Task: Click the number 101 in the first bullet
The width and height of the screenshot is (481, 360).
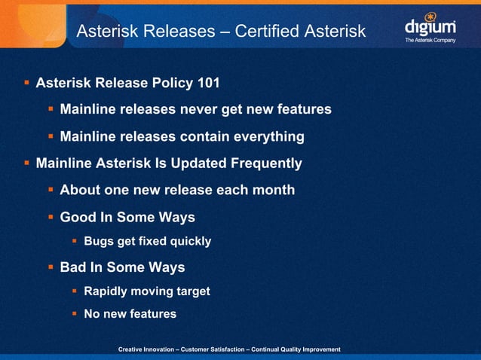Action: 208,82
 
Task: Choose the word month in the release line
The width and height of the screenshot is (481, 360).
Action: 271,190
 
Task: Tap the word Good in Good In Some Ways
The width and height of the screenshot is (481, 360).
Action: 76,217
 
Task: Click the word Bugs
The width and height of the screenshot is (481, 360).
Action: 98,242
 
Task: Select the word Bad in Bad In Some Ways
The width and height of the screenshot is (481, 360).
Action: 73,267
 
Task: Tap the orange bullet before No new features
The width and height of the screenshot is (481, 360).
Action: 75,313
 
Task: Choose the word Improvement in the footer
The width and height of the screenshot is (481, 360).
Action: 317,349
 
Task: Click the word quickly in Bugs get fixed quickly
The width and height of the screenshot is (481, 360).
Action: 190,242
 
